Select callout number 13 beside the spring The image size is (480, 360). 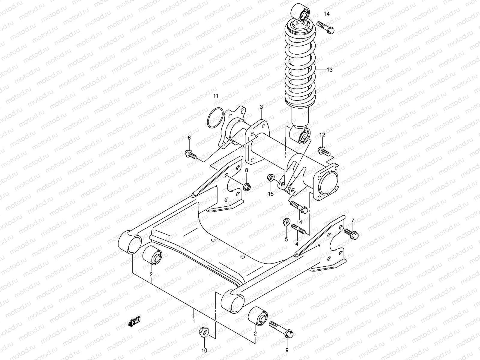click(x=330, y=70)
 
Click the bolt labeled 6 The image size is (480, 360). click(x=191, y=154)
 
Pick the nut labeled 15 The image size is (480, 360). click(x=270, y=179)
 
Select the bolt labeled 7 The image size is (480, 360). click(x=351, y=234)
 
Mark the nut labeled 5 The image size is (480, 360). click(x=286, y=222)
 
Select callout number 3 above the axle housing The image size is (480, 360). click(x=261, y=107)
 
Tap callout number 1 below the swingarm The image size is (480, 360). click(x=194, y=321)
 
